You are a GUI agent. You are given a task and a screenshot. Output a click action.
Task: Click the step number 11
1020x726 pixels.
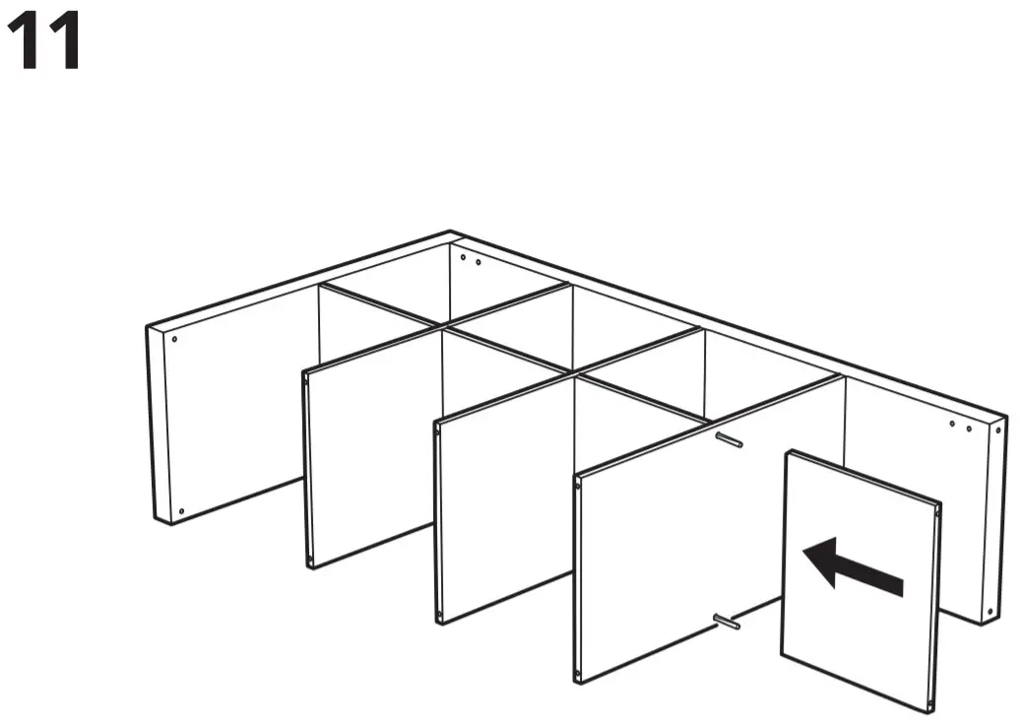tap(44, 43)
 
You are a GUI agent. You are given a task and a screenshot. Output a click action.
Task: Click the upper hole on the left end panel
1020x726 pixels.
tap(174, 338)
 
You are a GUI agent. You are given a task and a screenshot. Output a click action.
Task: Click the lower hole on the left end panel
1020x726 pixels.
tap(181, 510)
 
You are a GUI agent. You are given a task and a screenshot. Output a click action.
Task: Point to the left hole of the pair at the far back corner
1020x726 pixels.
tap(465, 259)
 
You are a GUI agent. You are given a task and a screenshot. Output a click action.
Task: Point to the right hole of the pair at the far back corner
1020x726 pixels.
tap(478, 263)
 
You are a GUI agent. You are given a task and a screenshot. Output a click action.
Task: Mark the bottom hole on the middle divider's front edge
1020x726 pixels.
tap(440, 612)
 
